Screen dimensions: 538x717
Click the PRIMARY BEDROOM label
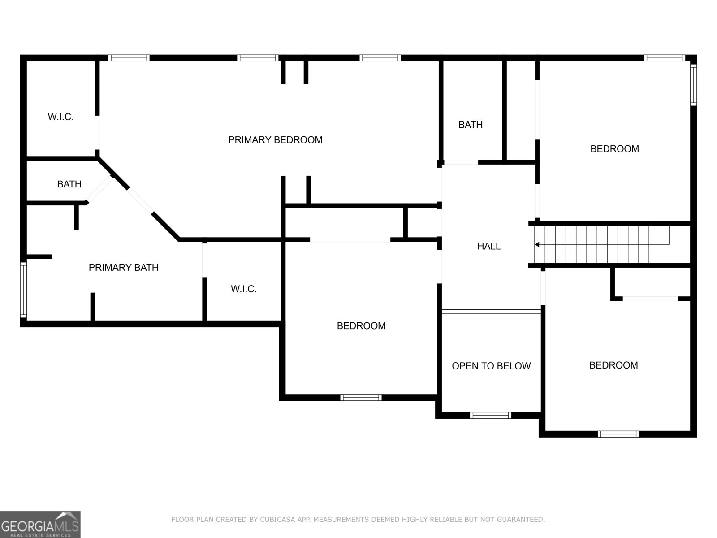click(x=275, y=140)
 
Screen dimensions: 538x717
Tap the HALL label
click(x=488, y=246)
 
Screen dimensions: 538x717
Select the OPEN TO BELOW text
click(x=491, y=366)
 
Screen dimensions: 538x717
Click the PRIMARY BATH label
click(x=123, y=268)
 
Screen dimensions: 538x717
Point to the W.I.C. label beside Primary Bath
click(x=244, y=289)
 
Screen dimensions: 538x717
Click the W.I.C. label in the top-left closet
click(x=60, y=117)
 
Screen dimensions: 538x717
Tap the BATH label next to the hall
click(x=471, y=125)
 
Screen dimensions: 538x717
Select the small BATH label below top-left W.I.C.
click(x=69, y=184)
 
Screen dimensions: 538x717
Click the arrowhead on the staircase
click(x=537, y=244)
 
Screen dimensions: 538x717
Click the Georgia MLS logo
click(x=40, y=524)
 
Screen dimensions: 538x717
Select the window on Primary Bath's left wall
click(x=23, y=291)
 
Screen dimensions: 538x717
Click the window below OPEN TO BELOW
click(x=490, y=415)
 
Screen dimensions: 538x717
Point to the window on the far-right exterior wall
click(x=693, y=84)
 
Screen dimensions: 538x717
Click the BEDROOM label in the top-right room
click(x=614, y=149)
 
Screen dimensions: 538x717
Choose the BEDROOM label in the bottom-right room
click(x=613, y=365)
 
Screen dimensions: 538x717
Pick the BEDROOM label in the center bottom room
click(x=361, y=326)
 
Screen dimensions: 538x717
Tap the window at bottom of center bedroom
click(x=361, y=397)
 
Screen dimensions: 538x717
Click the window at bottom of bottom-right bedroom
click(x=618, y=434)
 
